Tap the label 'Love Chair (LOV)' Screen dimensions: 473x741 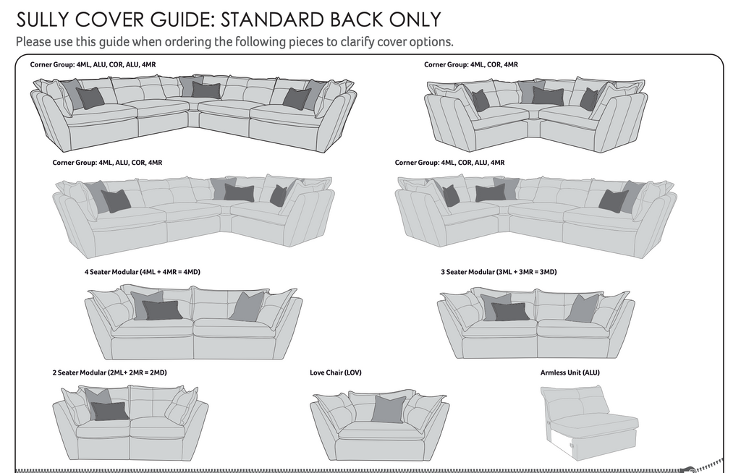[335, 373]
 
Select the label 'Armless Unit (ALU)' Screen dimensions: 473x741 [569, 373]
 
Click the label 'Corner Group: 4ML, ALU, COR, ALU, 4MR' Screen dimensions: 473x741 [93, 65]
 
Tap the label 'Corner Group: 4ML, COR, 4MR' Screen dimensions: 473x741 [471, 65]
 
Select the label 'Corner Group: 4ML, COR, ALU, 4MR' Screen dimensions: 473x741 [449, 163]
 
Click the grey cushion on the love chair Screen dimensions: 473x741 [389, 409]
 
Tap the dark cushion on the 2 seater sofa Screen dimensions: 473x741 [110, 411]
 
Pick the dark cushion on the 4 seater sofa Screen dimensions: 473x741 [162, 310]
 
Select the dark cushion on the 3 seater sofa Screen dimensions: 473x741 [511, 312]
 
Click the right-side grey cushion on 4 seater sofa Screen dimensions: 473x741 [247, 307]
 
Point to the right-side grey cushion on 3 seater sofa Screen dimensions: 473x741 [583, 308]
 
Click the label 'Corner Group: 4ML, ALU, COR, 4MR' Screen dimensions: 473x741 [107, 163]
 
